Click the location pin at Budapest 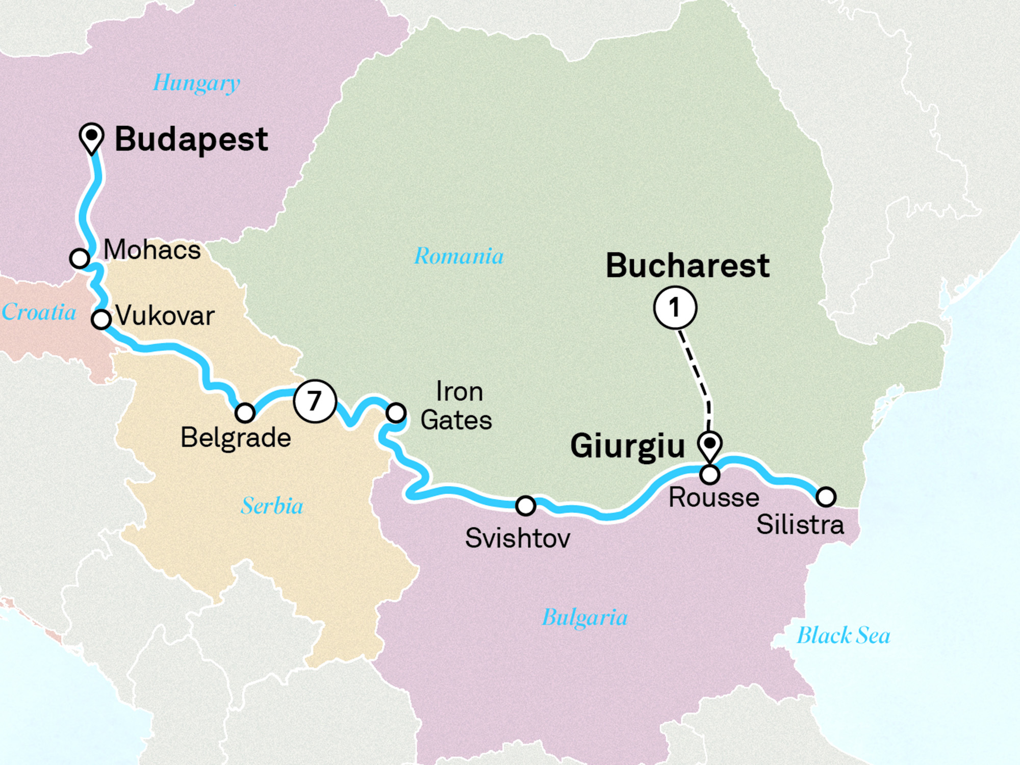tap(92, 137)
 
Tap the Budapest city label tap(191, 139)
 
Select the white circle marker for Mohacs tap(80, 258)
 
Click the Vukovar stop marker tap(101, 320)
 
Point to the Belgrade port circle tap(245, 412)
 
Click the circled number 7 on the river tap(315, 401)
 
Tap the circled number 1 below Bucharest tap(675, 308)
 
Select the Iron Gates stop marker tap(396, 412)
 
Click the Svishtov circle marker tap(525, 505)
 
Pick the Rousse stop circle tap(709, 475)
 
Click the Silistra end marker tap(826, 496)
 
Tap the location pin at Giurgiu tap(709, 444)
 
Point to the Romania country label tap(458, 256)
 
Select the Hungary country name tap(196, 83)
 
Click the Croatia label tap(39, 312)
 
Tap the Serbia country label tap(272, 506)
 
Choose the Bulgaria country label tap(584, 618)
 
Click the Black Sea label tap(843, 635)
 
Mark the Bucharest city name tap(687, 266)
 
